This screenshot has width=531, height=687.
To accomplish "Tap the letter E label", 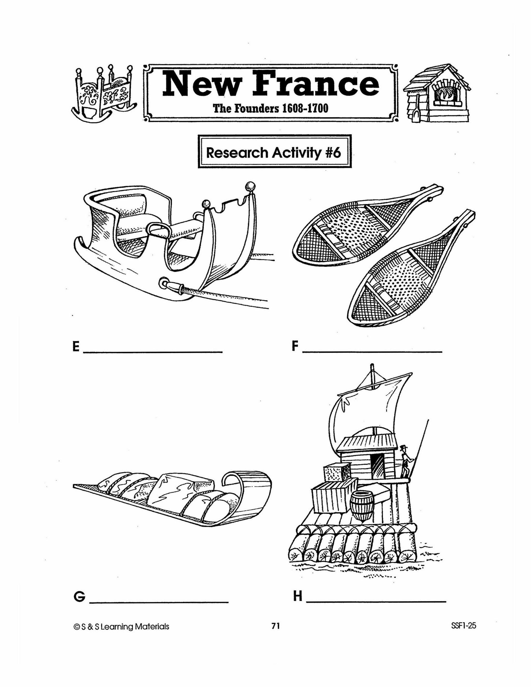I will [x=76, y=347].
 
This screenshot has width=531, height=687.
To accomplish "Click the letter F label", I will [x=295, y=346].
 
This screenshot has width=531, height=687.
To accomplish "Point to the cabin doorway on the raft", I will [x=376, y=466].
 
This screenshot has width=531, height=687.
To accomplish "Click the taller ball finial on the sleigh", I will [x=250, y=186].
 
